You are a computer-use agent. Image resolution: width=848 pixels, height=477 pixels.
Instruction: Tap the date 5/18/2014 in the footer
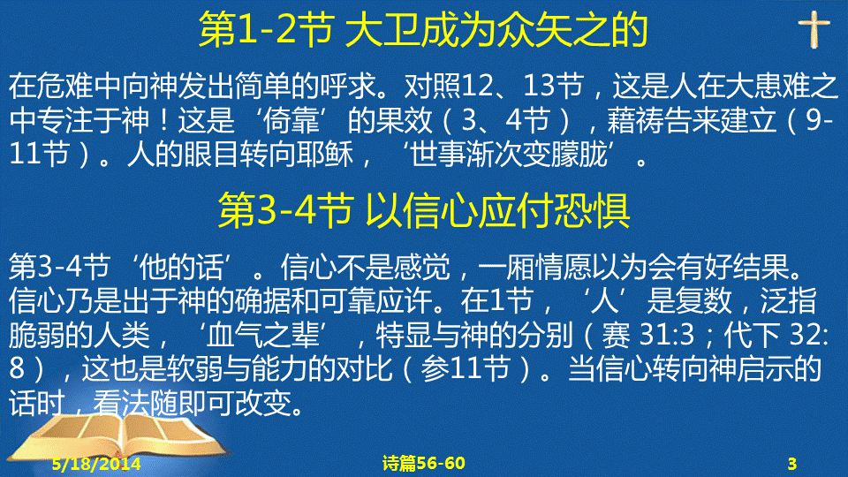pyautogui.click(x=96, y=464)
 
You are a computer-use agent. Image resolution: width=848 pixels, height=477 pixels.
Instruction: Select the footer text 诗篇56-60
pyautogui.click(x=423, y=463)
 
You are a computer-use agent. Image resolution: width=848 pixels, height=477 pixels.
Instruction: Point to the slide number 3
pyautogui.click(x=791, y=464)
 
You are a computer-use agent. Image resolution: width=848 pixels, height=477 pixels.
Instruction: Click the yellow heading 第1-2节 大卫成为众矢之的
pyautogui.click(x=423, y=30)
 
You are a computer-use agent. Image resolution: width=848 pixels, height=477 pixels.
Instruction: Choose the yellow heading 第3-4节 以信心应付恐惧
pyautogui.click(x=423, y=210)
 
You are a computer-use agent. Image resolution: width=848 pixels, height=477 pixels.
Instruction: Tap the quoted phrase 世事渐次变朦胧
pyautogui.click(x=509, y=155)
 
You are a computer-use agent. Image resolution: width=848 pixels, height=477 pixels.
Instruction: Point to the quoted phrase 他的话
pyautogui.click(x=181, y=267)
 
